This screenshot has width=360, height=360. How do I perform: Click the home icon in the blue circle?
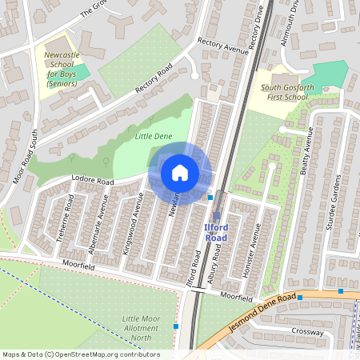[x=180, y=172]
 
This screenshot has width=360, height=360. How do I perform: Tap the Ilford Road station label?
[x=216, y=233]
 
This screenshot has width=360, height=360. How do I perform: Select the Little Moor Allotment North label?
[x=141, y=327]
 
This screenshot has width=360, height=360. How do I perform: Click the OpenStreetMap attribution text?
[x=81, y=354]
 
